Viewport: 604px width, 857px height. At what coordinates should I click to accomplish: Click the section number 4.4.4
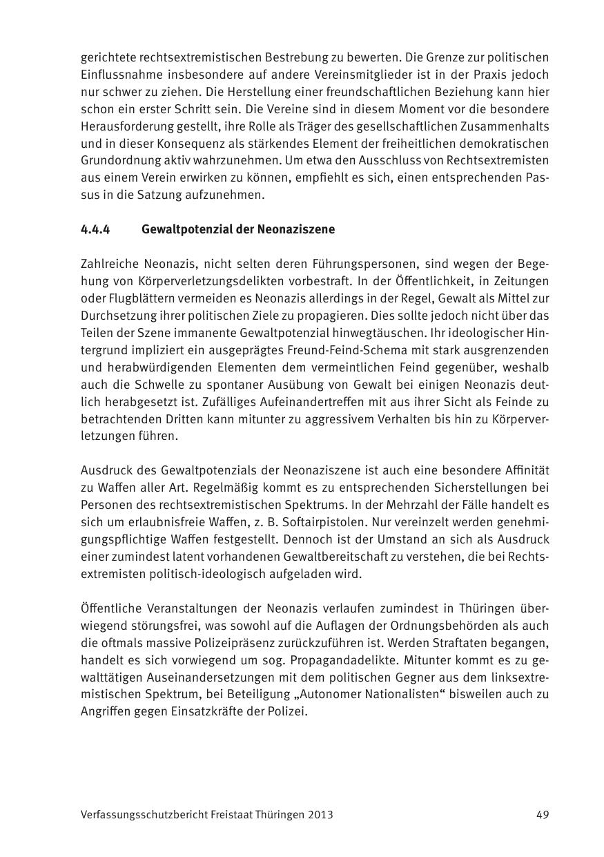click(x=95, y=229)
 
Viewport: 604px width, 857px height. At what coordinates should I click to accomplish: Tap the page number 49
click(x=543, y=814)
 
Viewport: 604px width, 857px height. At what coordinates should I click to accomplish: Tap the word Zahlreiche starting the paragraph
click(x=109, y=264)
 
